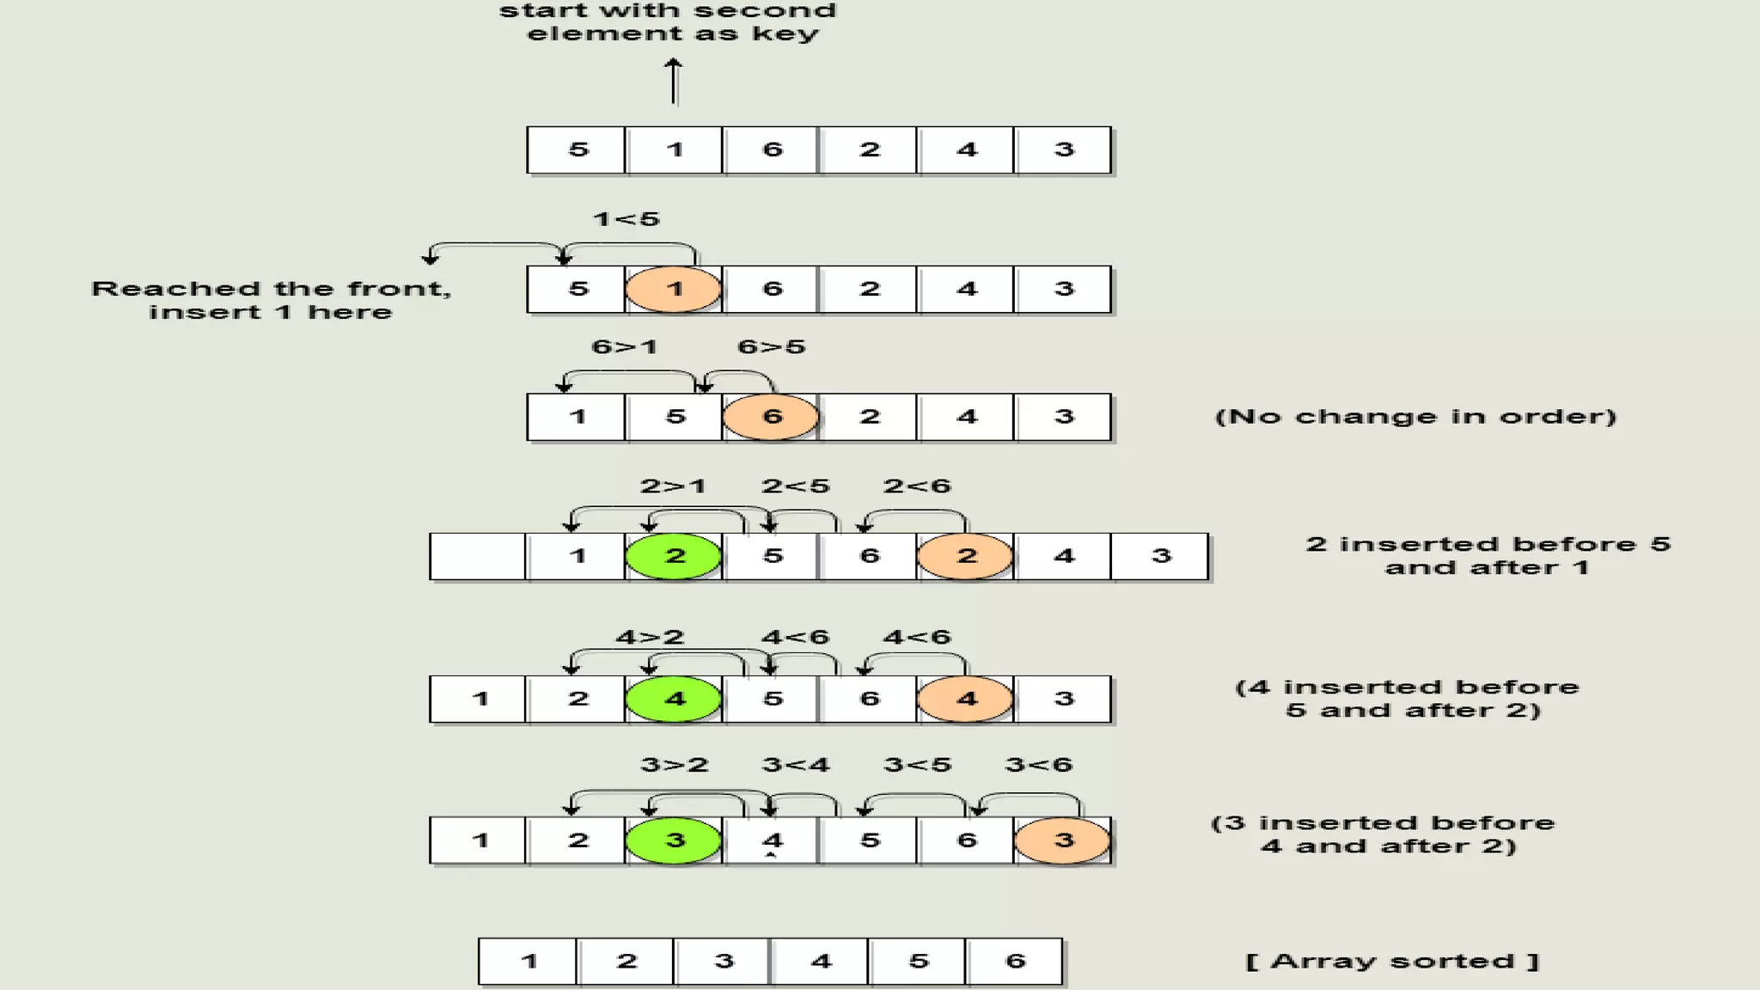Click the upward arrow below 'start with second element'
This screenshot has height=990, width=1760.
click(674, 82)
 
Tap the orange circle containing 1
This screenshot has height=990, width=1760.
click(673, 290)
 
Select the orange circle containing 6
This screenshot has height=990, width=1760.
click(771, 417)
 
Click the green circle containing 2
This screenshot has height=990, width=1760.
click(673, 556)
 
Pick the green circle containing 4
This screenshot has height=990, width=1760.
click(673, 699)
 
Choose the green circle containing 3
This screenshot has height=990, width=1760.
click(673, 840)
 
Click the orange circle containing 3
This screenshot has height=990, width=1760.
click(1063, 840)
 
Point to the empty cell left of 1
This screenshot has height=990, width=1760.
click(478, 556)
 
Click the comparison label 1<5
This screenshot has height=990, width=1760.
click(626, 219)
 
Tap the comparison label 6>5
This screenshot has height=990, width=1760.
click(772, 347)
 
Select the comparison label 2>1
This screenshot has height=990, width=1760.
click(673, 486)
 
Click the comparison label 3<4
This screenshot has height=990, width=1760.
click(796, 765)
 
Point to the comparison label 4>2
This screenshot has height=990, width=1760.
click(650, 638)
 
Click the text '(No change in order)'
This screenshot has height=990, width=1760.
click(1415, 417)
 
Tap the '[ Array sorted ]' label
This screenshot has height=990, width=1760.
click(1392, 961)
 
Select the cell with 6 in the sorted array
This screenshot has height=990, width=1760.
click(1015, 961)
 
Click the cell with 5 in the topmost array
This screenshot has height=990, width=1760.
click(577, 150)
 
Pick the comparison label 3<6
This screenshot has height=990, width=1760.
click(1039, 765)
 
